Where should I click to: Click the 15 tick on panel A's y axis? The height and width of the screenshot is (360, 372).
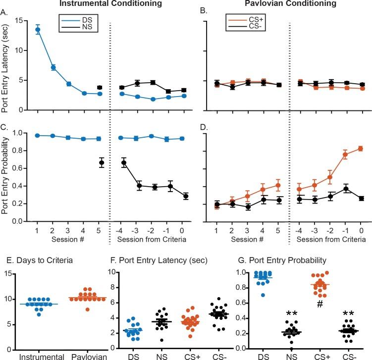[x=19, y=20]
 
